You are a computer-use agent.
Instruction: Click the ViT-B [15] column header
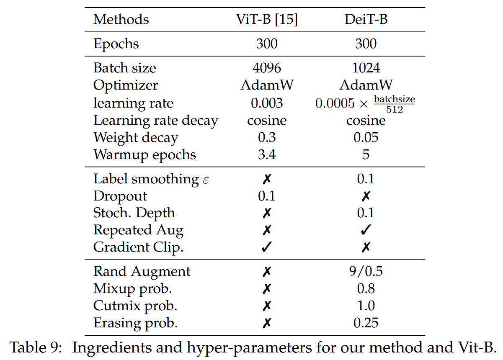pos(267,19)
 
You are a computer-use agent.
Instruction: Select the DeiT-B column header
pos(366,19)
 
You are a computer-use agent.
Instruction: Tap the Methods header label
pos(121,19)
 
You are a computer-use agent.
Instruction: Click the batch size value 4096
pos(267,68)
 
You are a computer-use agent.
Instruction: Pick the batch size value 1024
pos(366,68)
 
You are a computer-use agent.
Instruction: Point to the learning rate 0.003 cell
pos(267,103)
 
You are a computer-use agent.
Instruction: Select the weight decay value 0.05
pos(366,137)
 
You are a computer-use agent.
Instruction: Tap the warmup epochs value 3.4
pos(267,154)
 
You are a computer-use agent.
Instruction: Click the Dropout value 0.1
pos(267,196)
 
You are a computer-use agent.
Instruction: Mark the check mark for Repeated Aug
pos(366,230)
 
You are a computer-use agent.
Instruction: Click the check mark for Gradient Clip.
pos(267,247)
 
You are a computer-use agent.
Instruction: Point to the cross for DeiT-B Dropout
pos(366,196)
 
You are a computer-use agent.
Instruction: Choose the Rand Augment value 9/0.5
pos(366,271)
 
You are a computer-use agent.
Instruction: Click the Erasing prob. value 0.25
pos(366,323)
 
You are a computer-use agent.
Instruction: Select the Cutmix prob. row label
pos(135,306)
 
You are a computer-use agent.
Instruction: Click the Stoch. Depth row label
pos(134,213)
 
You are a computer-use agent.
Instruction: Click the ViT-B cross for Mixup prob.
pos(267,288)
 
